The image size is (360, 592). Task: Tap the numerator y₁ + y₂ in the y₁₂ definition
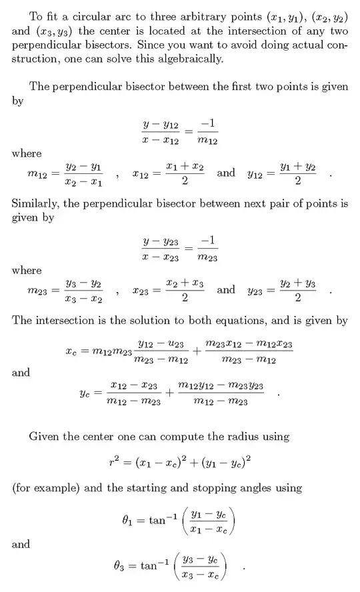click(298, 166)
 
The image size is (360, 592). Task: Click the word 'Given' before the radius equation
click(44, 437)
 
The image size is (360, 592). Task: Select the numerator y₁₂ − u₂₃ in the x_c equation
click(160, 344)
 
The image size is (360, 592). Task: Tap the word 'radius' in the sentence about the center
click(240, 437)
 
